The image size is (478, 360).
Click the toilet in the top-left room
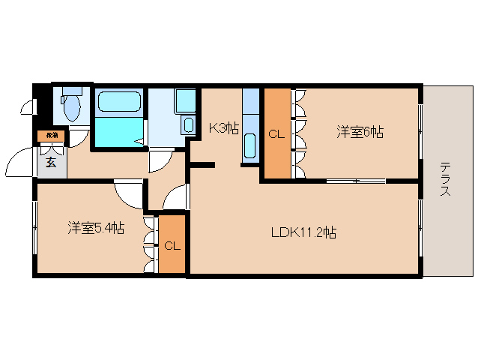[x=72, y=106]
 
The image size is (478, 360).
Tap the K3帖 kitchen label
[x=223, y=127]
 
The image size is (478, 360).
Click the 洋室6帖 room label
[x=360, y=132]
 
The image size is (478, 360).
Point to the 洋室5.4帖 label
[x=95, y=226]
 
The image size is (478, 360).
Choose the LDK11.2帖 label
[x=303, y=232]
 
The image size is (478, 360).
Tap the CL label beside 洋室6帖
[x=276, y=135]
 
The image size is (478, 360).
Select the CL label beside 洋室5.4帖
[x=172, y=245]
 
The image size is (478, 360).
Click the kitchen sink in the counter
[x=250, y=144]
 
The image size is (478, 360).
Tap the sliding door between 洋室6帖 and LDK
[x=355, y=181]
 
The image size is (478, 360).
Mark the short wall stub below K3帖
[x=203, y=164]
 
